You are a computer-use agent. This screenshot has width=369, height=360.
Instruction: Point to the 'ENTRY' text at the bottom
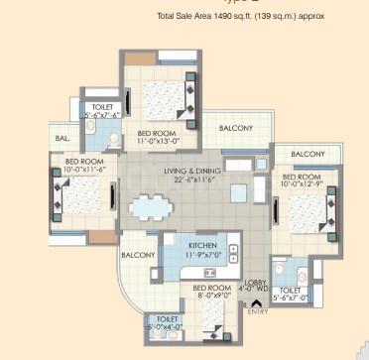258,313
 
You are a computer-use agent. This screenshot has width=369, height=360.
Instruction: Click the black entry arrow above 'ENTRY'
257,303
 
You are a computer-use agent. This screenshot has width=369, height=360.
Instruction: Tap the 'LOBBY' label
257,282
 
